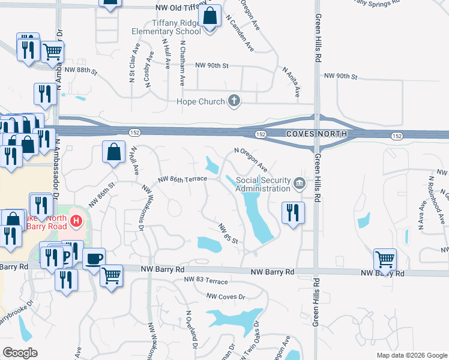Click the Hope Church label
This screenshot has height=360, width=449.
[x=200, y=102]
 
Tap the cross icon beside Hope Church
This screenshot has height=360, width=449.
[x=235, y=102]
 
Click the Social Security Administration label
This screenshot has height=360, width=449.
[x=262, y=184]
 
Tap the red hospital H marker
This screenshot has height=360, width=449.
[x=76, y=221]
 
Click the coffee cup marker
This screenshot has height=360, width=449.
[x=94, y=260]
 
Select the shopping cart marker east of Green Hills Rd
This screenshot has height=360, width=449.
[x=385, y=260]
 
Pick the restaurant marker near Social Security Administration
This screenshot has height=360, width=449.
[x=293, y=213]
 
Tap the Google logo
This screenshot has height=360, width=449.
[x=19, y=352]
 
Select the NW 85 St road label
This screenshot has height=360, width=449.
[x=229, y=233]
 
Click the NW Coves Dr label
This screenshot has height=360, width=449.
[x=226, y=296]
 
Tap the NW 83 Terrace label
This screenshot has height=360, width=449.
[x=206, y=280]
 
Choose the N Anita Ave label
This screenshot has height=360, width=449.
[x=292, y=82]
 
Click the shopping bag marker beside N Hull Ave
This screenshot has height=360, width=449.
[x=113, y=152]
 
